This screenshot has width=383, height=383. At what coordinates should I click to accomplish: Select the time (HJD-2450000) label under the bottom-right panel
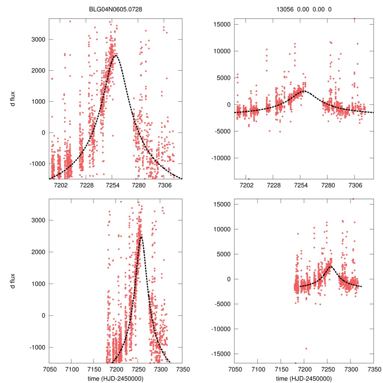(304, 378)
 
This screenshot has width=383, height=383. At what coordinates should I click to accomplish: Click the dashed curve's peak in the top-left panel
(116, 56)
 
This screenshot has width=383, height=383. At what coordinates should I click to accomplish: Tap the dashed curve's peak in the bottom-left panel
(141, 237)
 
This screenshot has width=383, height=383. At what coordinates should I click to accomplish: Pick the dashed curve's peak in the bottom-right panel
(330, 267)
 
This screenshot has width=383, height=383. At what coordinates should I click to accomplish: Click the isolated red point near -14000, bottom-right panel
(306, 348)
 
